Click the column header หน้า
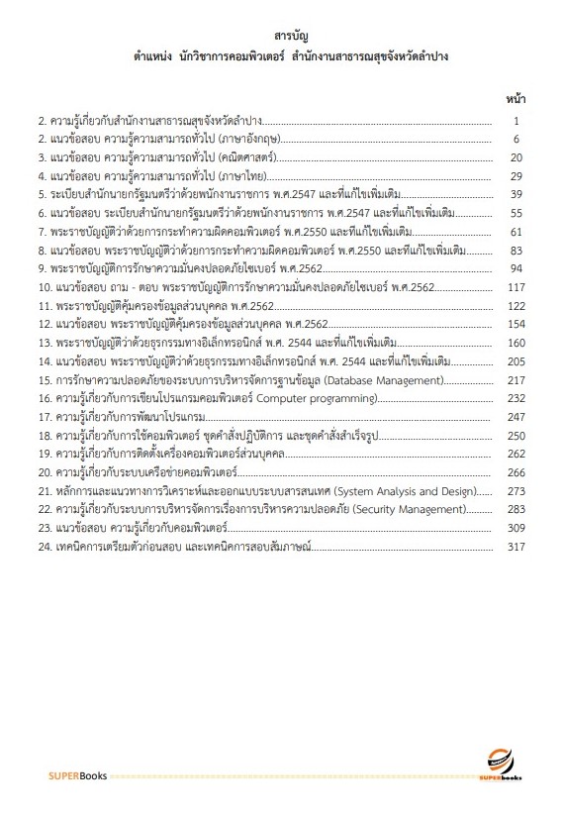515,99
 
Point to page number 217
514,379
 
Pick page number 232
514,398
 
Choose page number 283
514,509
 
